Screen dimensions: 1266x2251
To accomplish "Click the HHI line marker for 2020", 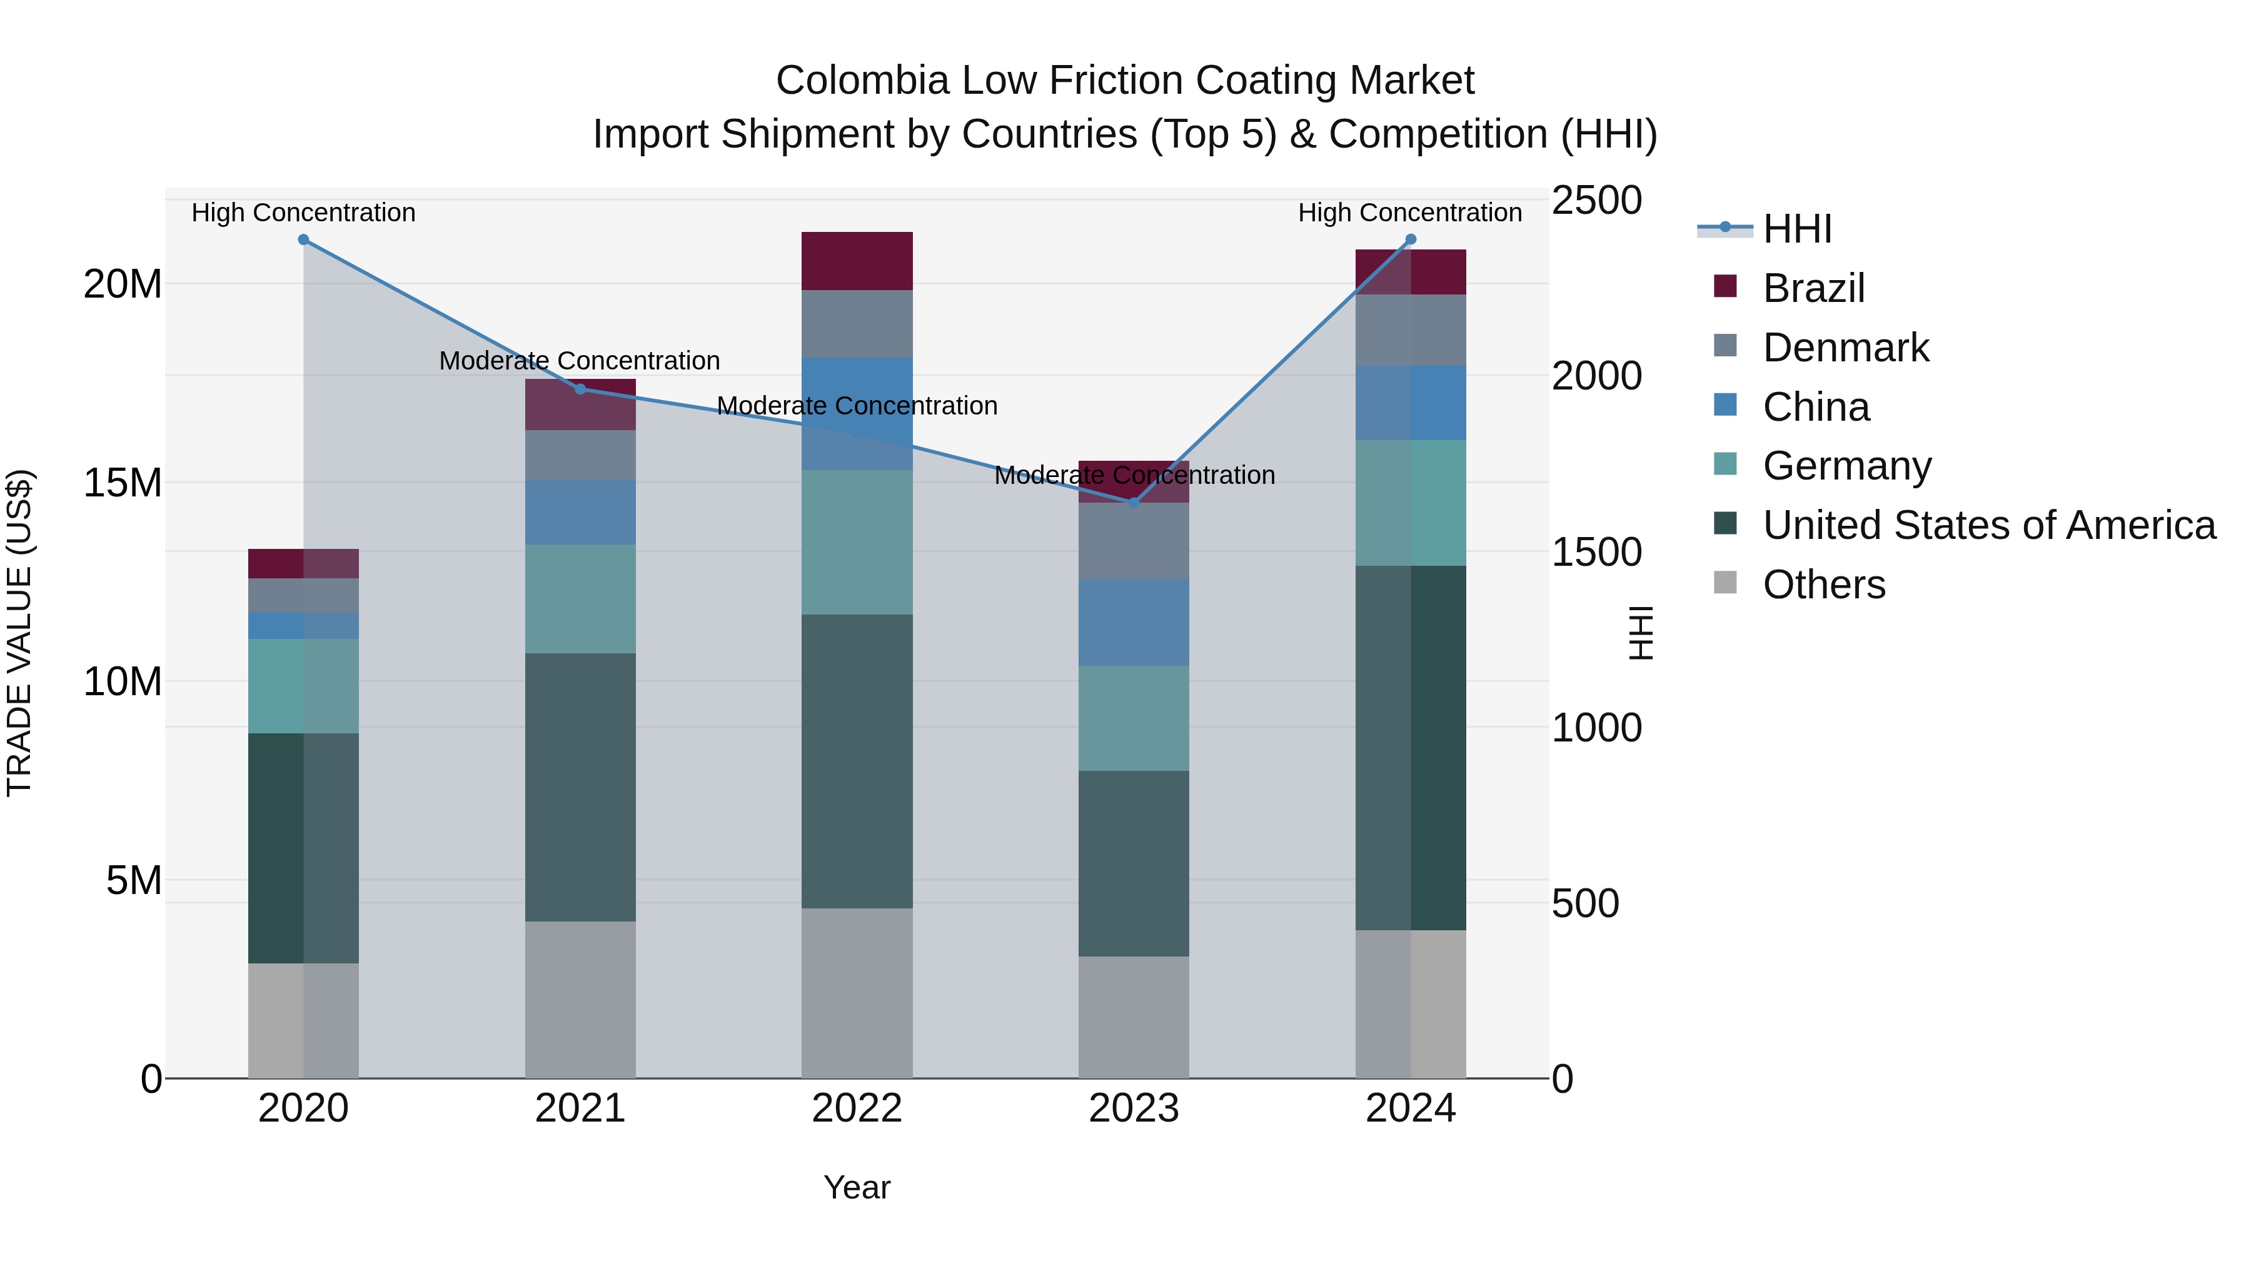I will point(303,239).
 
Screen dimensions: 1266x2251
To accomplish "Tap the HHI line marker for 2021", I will point(580,389).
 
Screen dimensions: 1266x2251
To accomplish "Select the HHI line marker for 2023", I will point(1134,503).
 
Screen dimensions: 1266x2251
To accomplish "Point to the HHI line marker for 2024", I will point(1411,239).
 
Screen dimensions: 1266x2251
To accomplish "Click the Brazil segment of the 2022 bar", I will point(857,260).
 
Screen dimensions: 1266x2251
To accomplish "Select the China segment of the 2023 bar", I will point(1134,622).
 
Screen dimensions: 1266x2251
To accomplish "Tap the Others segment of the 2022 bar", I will point(857,993).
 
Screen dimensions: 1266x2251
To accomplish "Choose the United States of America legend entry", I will point(1989,525).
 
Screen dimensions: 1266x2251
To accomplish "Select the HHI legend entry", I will point(1796,229).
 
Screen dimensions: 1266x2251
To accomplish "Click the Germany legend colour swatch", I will point(1725,464).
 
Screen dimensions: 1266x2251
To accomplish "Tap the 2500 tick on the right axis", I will point(1596,200).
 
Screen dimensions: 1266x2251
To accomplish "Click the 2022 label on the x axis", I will point(857,1108).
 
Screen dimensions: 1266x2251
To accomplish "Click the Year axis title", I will point(857,1187).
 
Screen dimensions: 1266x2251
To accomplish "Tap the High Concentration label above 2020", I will point(303,213).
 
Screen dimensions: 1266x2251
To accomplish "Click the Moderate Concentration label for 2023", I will point(1134,475).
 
